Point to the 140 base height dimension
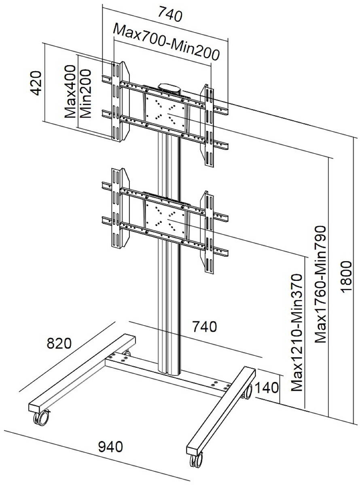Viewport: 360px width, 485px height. (x=267, y=388)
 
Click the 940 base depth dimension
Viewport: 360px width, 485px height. (x=110, y=447)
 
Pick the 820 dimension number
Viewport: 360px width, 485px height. (x=59, y=343)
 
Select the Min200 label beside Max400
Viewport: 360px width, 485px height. (x=85, y=93)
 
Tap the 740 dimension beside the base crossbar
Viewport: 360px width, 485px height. (x=204, y=327)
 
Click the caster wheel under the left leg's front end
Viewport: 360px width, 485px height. (x=41, y=418)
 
